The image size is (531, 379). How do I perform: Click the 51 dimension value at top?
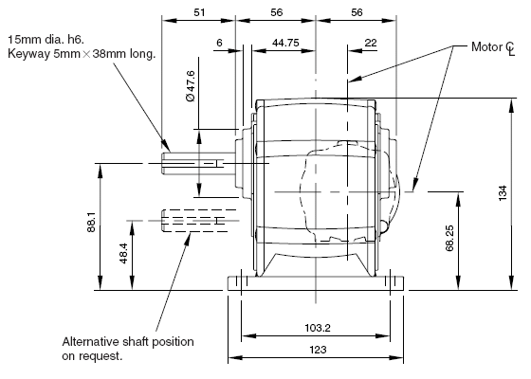point(199,12)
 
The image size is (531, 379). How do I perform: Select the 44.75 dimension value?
point(285,43)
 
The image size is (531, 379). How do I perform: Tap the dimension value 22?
point(371,43)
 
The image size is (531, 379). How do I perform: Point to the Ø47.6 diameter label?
point(191,86)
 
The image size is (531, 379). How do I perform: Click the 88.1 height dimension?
point(91,222)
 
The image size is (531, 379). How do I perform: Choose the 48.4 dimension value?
point(123,253)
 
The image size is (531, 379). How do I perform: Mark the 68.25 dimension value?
point(449,238)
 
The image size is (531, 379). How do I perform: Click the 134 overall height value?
point(503,193)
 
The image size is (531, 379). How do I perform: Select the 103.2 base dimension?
point(318,328)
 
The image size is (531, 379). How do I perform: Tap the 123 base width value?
point(318,350)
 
